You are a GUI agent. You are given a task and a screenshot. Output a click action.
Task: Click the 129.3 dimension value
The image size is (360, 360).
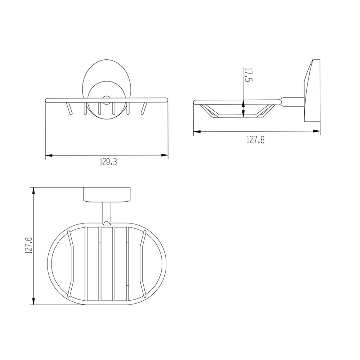pos(108,162)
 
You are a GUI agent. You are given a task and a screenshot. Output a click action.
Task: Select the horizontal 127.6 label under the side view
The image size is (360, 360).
pos(256,140)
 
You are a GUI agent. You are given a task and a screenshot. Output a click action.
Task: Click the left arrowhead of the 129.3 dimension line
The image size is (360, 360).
pos(49,156)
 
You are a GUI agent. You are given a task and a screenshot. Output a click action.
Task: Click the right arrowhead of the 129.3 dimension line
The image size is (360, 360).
pos(165,155)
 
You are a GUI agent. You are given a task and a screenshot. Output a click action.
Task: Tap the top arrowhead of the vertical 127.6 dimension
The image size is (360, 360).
pos(34,192)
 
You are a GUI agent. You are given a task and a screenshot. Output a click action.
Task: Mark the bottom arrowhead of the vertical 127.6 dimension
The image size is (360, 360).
pos(34,301)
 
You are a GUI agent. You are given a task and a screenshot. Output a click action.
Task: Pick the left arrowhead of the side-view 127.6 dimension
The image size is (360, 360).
pos(197,131)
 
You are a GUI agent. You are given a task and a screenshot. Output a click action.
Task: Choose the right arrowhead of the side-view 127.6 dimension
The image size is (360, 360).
pos(316,131)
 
